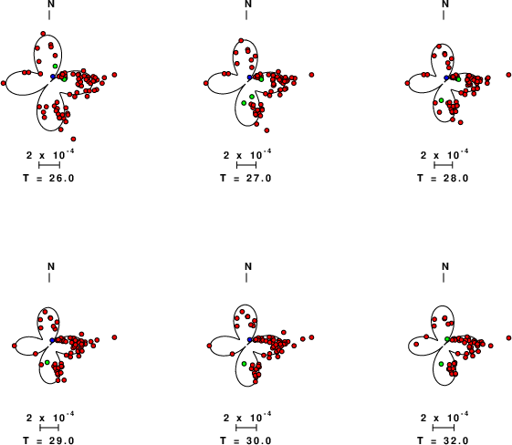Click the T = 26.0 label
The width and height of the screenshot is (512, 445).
[48, 178]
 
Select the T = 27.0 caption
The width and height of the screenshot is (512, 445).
[246, 178]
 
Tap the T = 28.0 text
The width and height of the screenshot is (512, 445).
[443, 178]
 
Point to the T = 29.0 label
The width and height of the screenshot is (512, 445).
[48, 440]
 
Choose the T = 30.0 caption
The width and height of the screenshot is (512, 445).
[246, 440]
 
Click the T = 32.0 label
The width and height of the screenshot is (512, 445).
[443, 440]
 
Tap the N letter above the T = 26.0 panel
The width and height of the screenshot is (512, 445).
[51, 4]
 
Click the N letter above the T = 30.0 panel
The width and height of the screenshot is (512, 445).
[248, 266]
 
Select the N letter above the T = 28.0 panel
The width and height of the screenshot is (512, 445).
[445, 4]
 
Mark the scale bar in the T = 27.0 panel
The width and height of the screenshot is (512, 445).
[246, 165]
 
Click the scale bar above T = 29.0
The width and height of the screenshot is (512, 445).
[49, 428]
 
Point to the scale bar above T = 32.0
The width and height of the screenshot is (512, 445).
[444, 428]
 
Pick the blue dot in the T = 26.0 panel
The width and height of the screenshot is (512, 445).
[53, 77]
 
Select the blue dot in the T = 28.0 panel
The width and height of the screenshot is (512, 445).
[446, 78]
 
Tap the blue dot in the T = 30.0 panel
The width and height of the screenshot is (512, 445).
[250, 339]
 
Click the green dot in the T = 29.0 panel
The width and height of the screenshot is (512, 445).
[47, 362]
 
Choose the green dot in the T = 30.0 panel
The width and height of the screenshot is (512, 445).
[244, 364]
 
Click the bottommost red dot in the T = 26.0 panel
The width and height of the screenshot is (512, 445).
[73, 139]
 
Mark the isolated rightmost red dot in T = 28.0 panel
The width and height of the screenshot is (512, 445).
[508, 75]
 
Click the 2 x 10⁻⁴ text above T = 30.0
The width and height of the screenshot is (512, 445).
[247, 417]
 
